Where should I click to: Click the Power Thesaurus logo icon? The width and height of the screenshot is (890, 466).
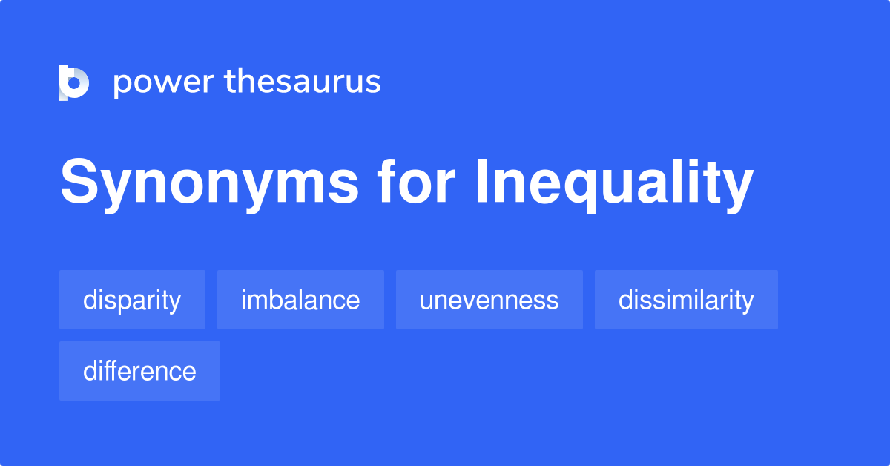pyautogui.click(x=74, y=82)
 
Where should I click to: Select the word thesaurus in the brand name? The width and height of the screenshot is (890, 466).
pyautogui.click(x=303, y=82)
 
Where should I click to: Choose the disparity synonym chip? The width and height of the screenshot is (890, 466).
pyautogui.click(x=132, y=300)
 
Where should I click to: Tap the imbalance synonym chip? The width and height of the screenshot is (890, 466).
pyautogui.click(x=300, y=300)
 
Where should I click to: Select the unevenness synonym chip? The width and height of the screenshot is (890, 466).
pyautogui.click(x=489, y=300)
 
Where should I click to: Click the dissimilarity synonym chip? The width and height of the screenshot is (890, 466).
pyautogui.click(x=686, y=300)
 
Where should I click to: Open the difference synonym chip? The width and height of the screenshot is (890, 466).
pyautogui.click(x=139, y=371)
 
